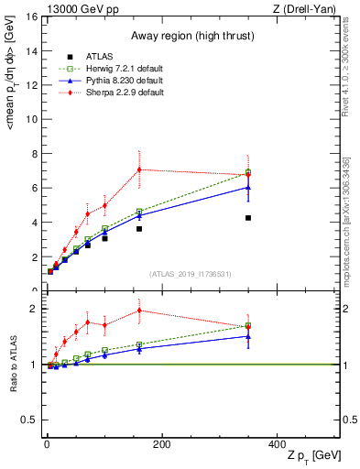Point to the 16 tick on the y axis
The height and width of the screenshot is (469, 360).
coord(33,16)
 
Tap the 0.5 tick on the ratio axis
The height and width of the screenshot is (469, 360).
coord(29,420)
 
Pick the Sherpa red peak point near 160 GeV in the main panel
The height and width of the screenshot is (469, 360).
coord(139,169)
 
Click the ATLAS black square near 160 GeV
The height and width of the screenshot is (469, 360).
coord(139,229)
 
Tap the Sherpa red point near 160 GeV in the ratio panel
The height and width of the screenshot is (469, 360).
coord(139,310)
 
